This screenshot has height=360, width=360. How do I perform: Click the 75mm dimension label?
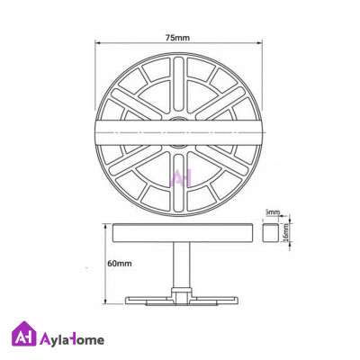pos(177,38)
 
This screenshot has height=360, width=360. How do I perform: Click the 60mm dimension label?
pos(120,264)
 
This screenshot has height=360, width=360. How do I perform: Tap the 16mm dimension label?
pos(285,231)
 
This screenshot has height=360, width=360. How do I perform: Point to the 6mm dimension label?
pos(274,212)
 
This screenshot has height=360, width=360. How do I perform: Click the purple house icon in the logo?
pos(23,334)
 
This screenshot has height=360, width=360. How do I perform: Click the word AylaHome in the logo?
pos(72,340)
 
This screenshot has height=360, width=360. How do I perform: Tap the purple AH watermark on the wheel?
pos(181,178)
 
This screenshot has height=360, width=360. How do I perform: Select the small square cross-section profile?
pos(270,232)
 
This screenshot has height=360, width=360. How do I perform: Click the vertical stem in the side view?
pos(181,265)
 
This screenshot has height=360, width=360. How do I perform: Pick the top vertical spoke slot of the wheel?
pos(178,85)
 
